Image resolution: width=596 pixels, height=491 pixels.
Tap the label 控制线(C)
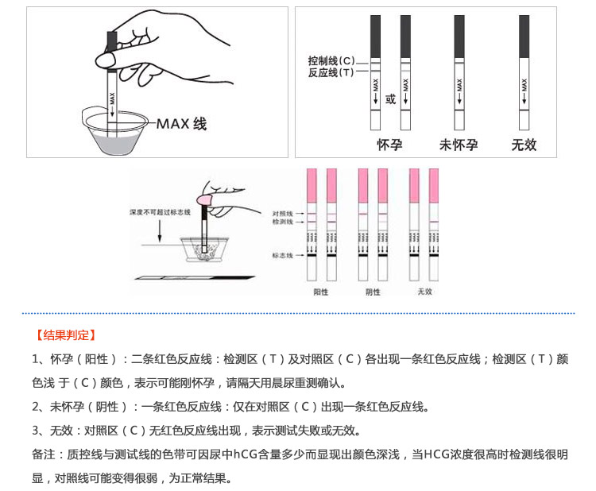tap(331, 61)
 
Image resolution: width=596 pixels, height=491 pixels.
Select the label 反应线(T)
tap(331, 73)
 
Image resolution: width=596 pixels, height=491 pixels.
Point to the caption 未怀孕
tap(459, 145)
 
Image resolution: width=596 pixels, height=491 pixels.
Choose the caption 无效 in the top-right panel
tap(524, 145)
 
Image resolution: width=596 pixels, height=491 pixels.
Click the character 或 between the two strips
tap(390, 100)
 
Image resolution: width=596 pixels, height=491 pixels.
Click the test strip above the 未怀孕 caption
tap(459, 72)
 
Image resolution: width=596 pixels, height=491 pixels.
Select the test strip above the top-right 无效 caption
tap(524, 72)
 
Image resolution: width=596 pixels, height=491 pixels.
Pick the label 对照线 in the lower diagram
tap(283, 214)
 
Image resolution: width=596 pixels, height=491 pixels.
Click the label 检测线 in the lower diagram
tap(283, 222)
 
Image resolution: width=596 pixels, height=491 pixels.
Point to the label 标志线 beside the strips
tap(283, 255)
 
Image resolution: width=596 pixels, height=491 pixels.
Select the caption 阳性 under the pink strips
tap(321, 292)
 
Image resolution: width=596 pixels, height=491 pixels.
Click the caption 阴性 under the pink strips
tap(372, 292)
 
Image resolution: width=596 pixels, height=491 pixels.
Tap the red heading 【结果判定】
tap(65, 335)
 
